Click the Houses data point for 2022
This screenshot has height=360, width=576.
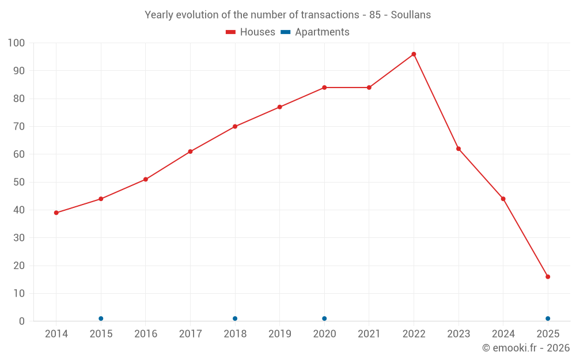[x=414, y=54]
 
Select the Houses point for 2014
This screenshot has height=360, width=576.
[x=56, y=213]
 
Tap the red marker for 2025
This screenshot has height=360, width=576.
[x=548, y=276]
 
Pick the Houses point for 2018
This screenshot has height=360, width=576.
[x=235, y=126]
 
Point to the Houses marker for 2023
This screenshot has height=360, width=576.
[x=458, y=149]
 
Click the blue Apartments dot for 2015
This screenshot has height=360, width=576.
[x=101, y=319]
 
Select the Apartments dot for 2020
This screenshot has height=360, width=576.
[x=324, y=319]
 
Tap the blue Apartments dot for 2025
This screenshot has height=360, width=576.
[x=548, y=319]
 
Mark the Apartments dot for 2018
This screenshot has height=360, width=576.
[x=235, y=319]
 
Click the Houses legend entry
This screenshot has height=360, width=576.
[x=251, y=32]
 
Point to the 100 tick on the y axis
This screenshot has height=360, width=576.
[x=17, y=43]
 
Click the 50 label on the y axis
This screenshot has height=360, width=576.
[x=19, y=182]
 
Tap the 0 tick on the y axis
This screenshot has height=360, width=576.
[x=22, y=321]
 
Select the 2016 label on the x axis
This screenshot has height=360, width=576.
[x=146, y=334]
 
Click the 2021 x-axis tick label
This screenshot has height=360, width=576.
[x=369, y=334]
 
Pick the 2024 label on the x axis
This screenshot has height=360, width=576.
[x=503, y=334]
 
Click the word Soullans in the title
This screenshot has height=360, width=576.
[x=411, y=15]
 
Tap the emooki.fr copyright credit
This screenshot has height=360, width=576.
[x=526, y=348]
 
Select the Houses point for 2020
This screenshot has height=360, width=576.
[x=324, y=88]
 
